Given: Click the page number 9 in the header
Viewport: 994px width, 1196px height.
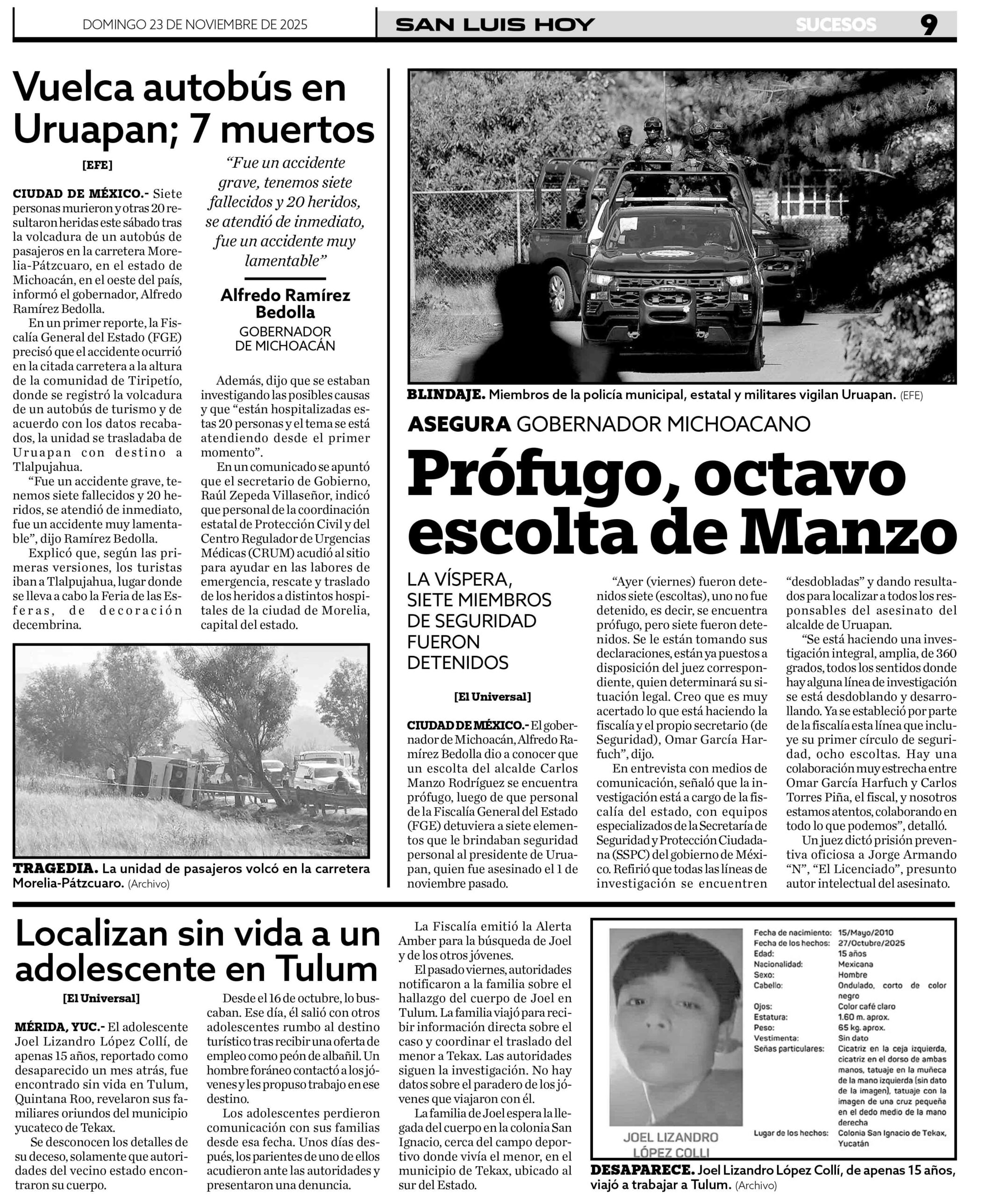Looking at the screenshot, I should [x=929, y=24].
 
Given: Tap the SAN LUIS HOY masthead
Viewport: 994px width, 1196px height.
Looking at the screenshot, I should [x=495, y=24].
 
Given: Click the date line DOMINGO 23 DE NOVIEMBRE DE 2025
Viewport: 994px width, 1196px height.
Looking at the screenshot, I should [x=195, y=24].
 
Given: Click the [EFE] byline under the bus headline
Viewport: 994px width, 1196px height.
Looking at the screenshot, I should [x=97, y=165].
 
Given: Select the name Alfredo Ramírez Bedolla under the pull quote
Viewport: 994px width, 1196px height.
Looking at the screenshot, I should [x=285, y=303].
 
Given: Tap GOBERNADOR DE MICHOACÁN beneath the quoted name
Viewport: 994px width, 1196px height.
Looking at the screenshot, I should [x=285, y=338].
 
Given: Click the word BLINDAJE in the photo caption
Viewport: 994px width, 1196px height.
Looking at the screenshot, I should [x=445, y=395].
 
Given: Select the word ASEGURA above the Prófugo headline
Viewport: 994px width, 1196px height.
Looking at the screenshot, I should [x=458, y=424].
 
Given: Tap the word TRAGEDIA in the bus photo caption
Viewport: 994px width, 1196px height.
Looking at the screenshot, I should [x=55, y=869].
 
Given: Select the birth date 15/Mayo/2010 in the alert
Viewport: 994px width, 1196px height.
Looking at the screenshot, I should [x=866, y=933].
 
